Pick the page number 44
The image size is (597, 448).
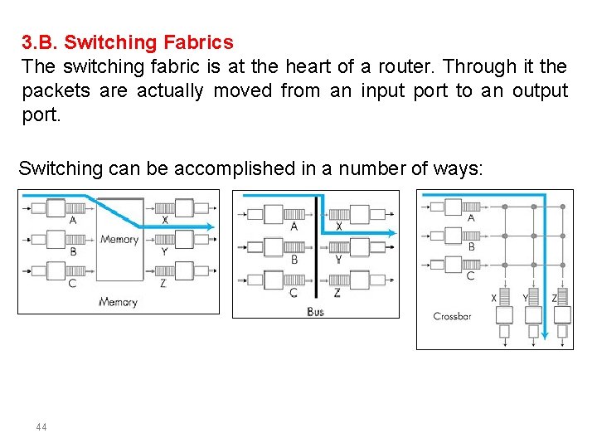pos(41,427)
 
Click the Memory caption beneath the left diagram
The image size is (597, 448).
pos(118,302)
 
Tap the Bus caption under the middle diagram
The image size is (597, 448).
pos(315,311)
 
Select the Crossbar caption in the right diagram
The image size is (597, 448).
pos(452,316)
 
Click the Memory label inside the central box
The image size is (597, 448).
pos(119,240)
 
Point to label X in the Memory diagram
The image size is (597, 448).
pos(165,221)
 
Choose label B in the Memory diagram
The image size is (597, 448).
pos(73,251)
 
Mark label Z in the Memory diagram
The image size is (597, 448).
pos(163,283)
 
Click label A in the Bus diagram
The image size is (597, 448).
pos(294,226)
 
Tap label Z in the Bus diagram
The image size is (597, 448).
pos(337,292)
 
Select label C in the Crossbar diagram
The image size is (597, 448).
pos(471,276)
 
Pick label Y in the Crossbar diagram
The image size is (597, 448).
pos(525,298)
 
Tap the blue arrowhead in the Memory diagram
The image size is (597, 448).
pos(210,226)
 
